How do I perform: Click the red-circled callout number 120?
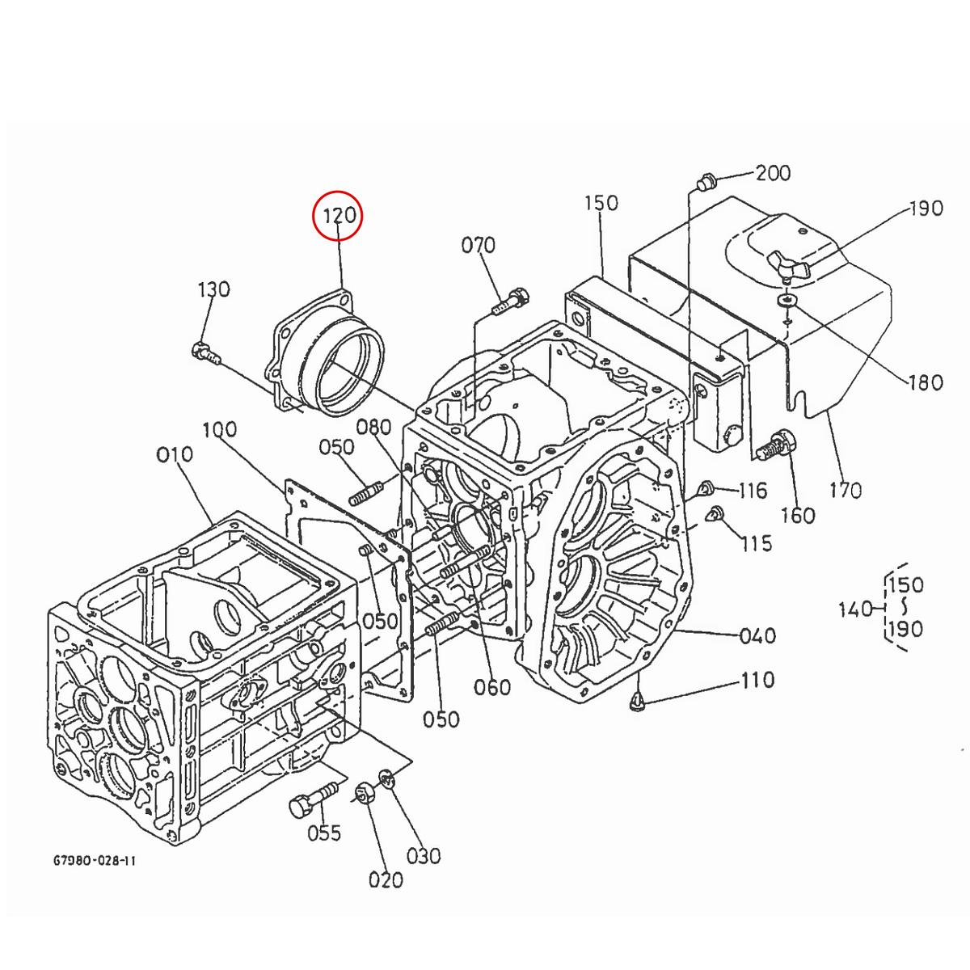pos(339,216)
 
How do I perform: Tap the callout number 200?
pos(773,173)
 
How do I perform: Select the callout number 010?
pos(175,455)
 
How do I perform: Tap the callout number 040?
pos(757,636)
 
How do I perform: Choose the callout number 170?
pos(845,490)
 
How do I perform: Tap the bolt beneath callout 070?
pos(510,302)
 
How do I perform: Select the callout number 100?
pos(219,429)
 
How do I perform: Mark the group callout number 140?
pos(854,609)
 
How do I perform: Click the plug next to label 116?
pos(705,487)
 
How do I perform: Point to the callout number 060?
pos(492,687)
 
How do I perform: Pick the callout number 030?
pos(424,855)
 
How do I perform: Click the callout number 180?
pos(926,382)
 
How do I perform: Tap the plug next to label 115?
pos(714,513)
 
